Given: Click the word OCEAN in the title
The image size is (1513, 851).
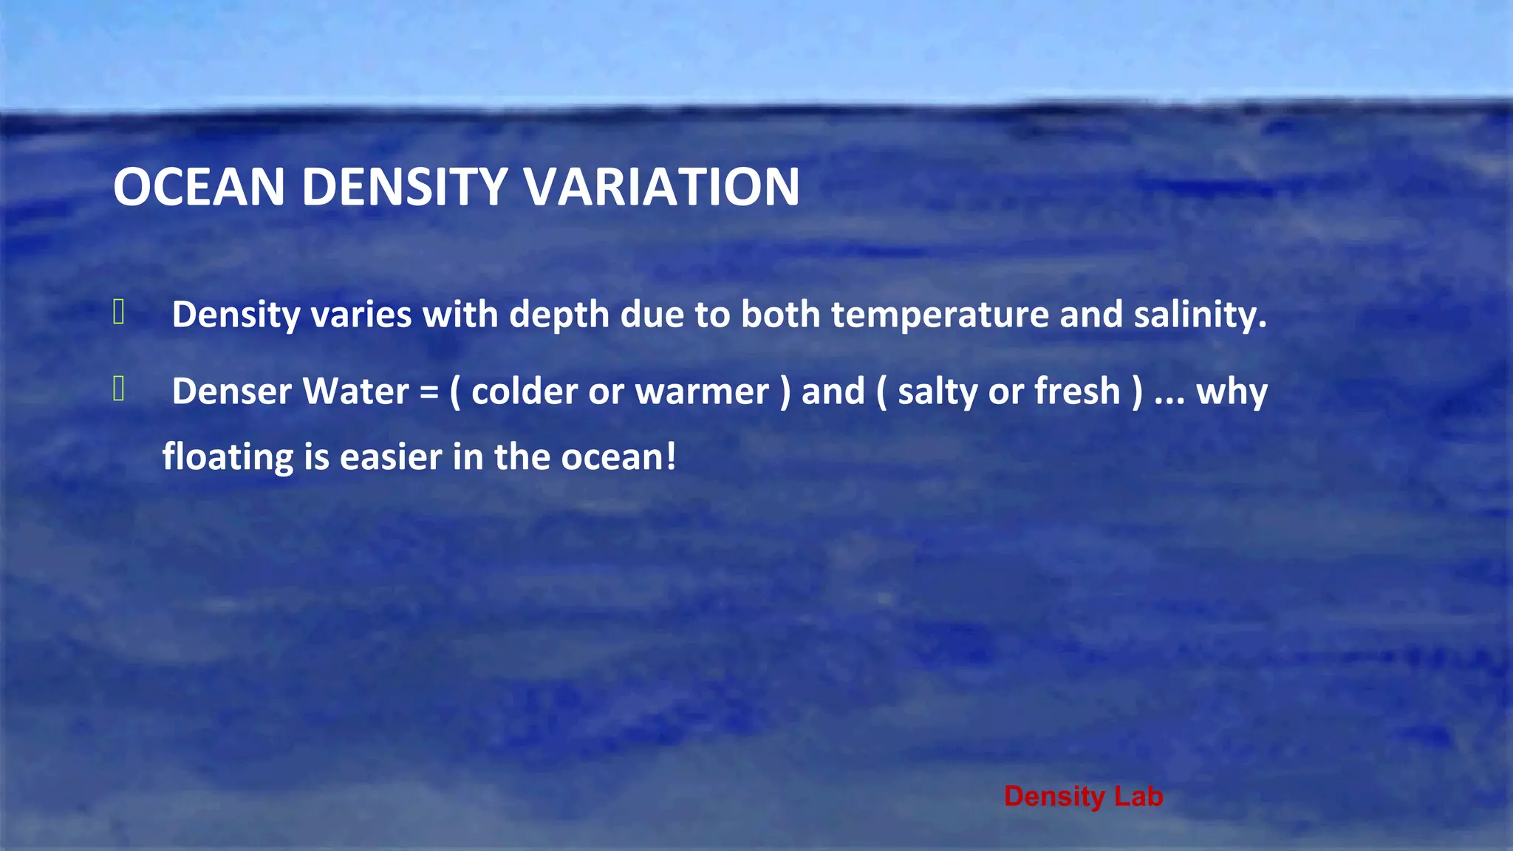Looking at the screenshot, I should coord(199,186).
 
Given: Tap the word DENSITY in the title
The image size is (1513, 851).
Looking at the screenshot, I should coord(404,186).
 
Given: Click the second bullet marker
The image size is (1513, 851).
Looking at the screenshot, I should coord(119,389).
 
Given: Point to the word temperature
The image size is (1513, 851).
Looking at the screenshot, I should coord(940,315).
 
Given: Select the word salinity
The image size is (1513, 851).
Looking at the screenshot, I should coord(1200,315).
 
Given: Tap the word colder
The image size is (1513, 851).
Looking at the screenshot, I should coord(525,392).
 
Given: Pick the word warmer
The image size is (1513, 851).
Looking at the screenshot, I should coord(702,392).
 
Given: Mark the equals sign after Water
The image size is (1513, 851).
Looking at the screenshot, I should coord(429,392).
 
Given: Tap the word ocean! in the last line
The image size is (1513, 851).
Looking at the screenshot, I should coord(618,457).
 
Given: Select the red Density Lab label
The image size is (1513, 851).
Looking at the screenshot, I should coord(1083,796).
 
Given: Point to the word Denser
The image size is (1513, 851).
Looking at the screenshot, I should coord(232,392).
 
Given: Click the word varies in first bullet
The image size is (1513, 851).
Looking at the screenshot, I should coord(361,315).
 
